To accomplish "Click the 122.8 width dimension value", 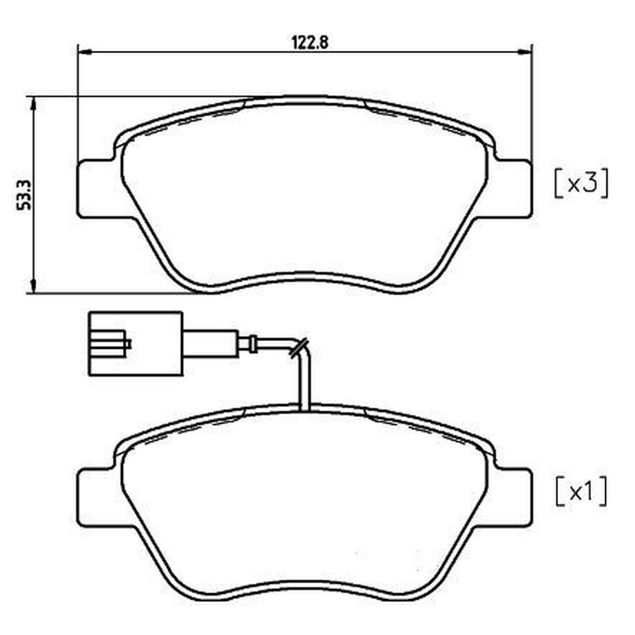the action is click(310, 43).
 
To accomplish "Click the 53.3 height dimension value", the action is click(24, 195).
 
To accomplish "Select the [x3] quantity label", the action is click(581, 184).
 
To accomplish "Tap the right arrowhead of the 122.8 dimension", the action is click(524, 52).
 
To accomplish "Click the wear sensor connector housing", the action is click(135, 343).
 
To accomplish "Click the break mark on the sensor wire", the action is click(298, 347).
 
